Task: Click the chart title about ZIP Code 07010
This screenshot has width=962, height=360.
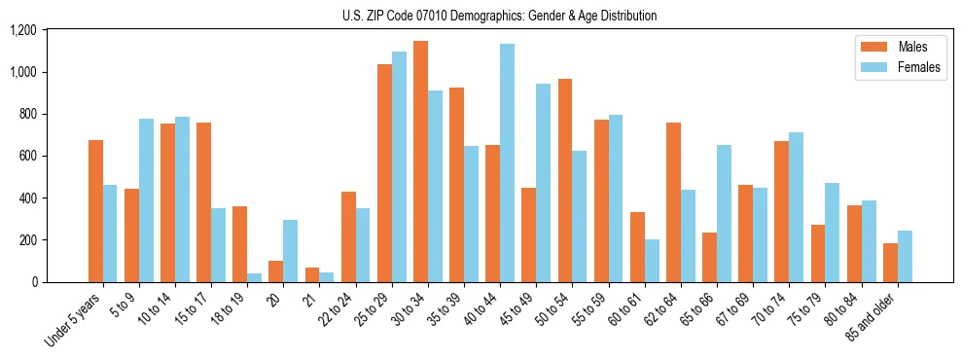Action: [x=499, y=16]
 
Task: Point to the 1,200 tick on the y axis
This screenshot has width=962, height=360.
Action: [x=22, y=30]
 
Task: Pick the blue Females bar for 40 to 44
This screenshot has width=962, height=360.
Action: [x=507, y=162]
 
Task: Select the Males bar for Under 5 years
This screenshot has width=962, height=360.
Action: [x=95, y=211]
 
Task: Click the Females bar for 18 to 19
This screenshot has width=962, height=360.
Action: [x=254, y=277]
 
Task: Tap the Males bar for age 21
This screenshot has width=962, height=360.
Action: [x=311, y=274]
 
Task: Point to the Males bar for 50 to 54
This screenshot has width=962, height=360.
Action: [x=565, y=180]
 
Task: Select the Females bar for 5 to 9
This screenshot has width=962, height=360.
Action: [x=146, y=200]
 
